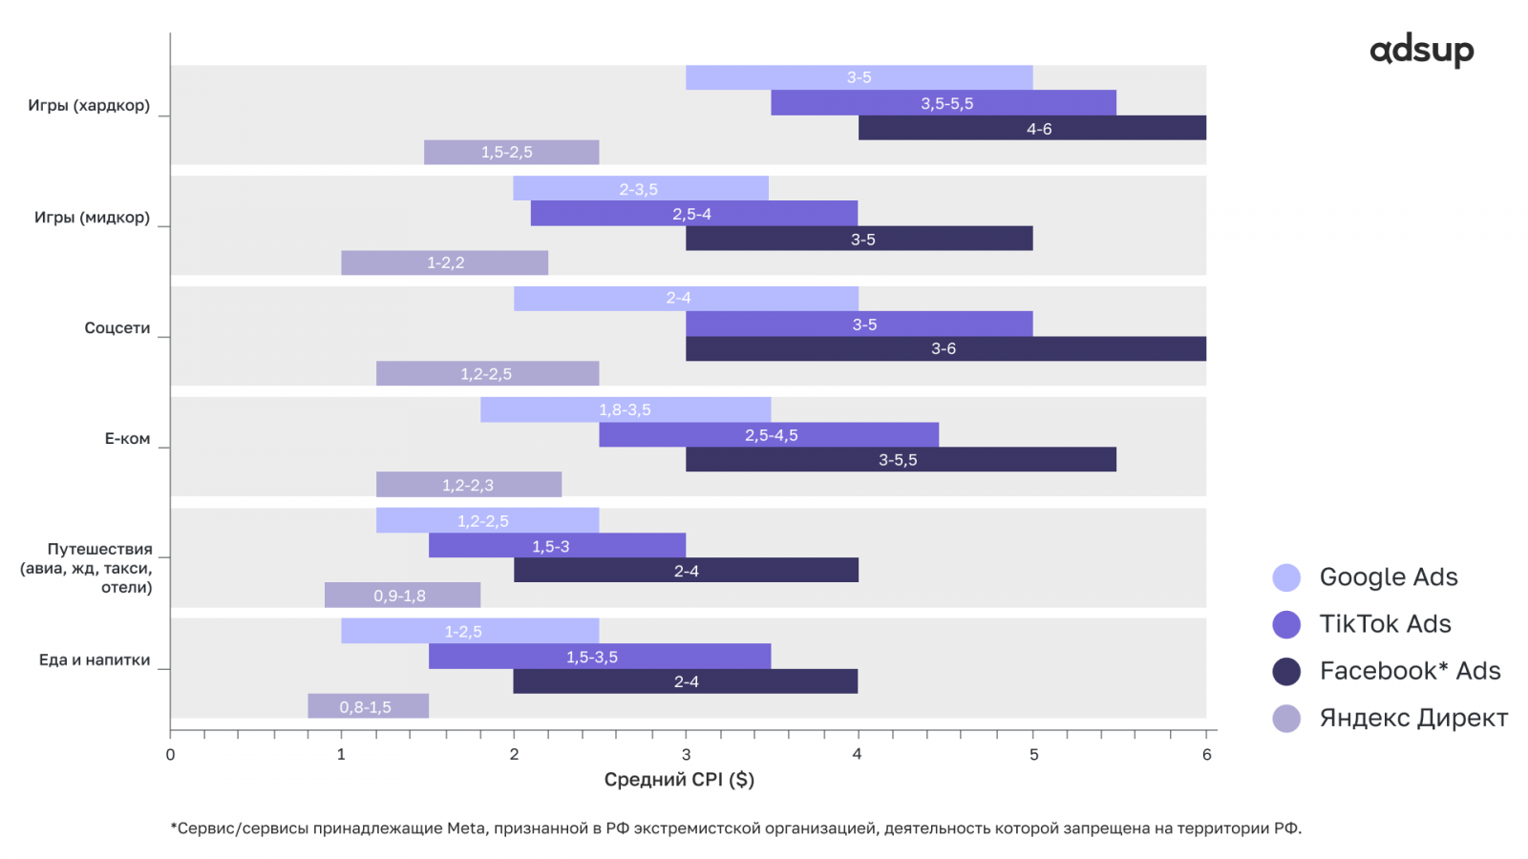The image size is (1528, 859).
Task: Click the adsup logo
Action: pyautogui.click(x=1421, y=51)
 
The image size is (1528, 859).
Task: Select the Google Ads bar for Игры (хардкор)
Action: pyautogui.click(x=859, y=77)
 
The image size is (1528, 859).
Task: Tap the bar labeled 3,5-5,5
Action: pyautogui.click(x=944, y=103)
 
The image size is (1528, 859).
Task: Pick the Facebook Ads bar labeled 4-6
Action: pyautogui.click(x=1031, y=128)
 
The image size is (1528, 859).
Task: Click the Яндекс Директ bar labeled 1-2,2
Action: pyautogui.click(x=444, y=262)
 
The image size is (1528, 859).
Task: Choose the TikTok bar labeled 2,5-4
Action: pyautogui.click(x=693, y=214)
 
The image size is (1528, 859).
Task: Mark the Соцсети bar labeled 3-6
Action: pyautogui.click(x=945, y=348)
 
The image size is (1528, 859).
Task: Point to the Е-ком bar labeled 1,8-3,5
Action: pyautogui.click(x=626, y=409)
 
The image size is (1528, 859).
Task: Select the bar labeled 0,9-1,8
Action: pyautogui.click(x=402, y=596)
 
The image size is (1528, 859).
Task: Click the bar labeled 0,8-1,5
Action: pyautogui.click(x=368, y=706)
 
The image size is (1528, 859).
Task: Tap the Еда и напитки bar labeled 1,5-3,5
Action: pyautogui.click(x=599, y=657)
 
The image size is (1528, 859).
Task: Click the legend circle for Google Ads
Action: pyautogui.click(x=1286, y=577)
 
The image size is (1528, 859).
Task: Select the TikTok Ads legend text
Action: pyautogui.click(x=1385, y=624)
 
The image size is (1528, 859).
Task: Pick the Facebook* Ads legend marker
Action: pyautogui.click(x=1286, y=671)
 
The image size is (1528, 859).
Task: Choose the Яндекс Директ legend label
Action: pyautogui.click(x=1413, y=718)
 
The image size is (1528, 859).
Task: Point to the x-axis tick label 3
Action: pyautogui.click(x=686, y=755)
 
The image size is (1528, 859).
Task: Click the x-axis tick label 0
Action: pyautogui.click(x=170, y=755)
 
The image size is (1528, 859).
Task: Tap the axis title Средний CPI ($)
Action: pyautogui.click(x=679, y=780)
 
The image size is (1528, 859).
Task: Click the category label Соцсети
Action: pyautogui.click(x=117, y=328)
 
